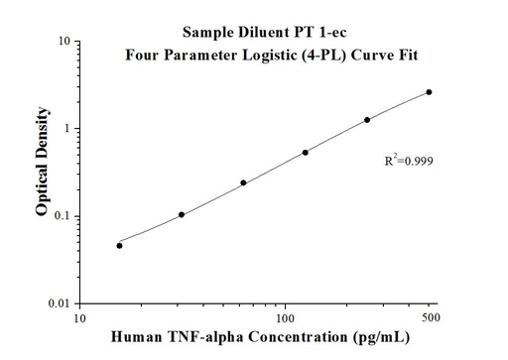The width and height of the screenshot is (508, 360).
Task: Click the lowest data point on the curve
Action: (119, 245)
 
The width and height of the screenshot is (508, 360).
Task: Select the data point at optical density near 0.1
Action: (182, 214)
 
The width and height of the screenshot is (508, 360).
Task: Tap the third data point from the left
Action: (243, 182)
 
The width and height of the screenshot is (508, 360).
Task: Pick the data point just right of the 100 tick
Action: (305, 152)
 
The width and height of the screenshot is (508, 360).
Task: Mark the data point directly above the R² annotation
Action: (367, 120)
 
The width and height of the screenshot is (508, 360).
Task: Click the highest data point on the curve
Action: (429, 92)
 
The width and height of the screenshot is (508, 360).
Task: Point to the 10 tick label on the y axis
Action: (62, 43)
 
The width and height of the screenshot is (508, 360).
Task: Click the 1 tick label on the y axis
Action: (64, 129)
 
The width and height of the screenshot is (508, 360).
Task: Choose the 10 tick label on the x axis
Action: (82, 318)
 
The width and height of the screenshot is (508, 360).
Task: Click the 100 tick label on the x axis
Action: (285, 318)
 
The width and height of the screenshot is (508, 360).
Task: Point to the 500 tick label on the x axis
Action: (429, 318)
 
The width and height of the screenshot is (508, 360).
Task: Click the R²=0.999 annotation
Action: (408, 160)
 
